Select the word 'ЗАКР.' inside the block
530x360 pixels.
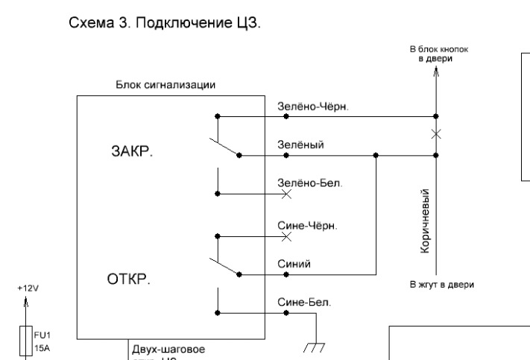[129, 151]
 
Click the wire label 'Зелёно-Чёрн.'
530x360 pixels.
[313, 106]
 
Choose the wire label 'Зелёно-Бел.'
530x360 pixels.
[310, 183]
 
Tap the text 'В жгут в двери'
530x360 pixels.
[442, 284]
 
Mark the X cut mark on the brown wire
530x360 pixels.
[436, 134]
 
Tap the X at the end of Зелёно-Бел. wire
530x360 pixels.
[287, 194]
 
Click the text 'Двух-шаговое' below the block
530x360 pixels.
[167, 348]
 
